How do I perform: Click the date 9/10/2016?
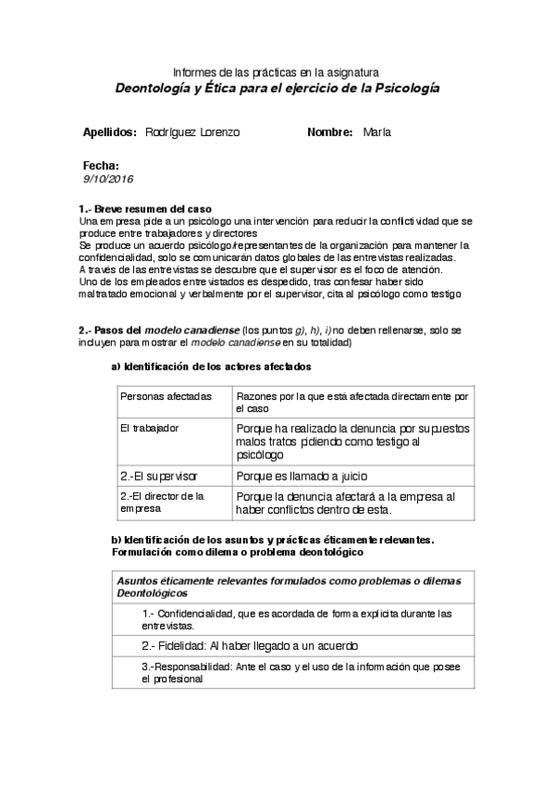coord(108,179)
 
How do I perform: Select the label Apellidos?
coord(110,132)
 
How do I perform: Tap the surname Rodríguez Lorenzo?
coord(192,132)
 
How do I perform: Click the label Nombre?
coord(330,132)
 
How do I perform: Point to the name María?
coord(377,132)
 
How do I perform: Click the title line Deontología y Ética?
coord(277,89)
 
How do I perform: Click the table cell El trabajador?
coord(150,429)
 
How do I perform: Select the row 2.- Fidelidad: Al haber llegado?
coord(250,646)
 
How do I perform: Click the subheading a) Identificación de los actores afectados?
coord(212,368)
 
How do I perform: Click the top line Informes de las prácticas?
coord(277,72)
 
